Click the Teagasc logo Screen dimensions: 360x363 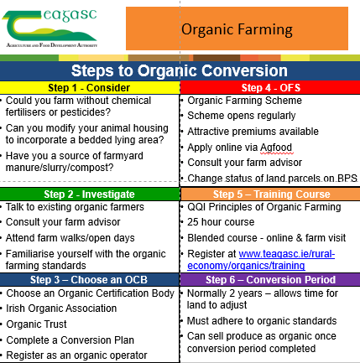(x=50, y=29)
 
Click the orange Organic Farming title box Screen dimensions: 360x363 (x=237, y=29)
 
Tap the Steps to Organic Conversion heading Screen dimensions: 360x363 (x=180, y=70)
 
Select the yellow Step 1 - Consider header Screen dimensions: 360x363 (x=89, y=88)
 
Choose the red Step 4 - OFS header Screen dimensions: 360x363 (x=270, y=88)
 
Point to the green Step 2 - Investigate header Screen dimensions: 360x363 (x=89, y=194)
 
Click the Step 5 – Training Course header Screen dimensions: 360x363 (x=270, y=194)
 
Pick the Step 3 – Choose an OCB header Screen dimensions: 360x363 (x=89, y=280)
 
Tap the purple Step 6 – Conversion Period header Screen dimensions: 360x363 (x=270, y=280)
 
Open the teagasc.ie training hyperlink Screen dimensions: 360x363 (x=261, y=260)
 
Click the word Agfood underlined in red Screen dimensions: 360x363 (x=276, y=148)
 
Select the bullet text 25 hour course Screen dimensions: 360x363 (x=221, y=222)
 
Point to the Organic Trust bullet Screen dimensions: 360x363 (x=36, y=324)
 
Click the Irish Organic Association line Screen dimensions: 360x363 (x=61, y=309)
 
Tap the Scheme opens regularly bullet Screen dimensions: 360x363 (x=242, y=116)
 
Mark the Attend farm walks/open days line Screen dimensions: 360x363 (x=70, y=238)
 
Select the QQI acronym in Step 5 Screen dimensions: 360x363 (x=196, y=207)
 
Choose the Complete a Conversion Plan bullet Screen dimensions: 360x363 (x=70, y=340)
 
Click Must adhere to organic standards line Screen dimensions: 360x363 (x=262, y=321)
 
